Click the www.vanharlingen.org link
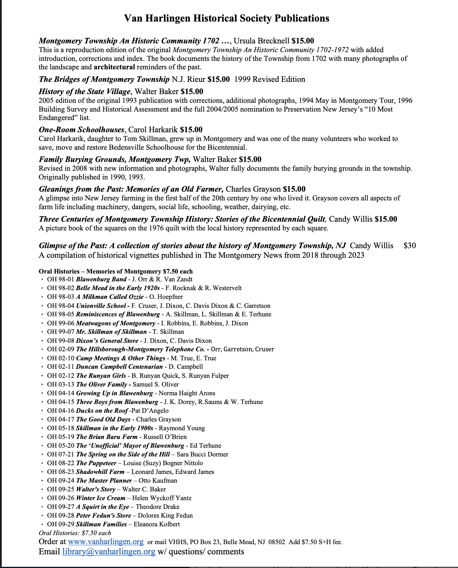point(106,541)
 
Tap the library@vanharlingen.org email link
point(109,551)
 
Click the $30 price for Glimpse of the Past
point(410,246)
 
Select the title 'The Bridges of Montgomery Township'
point(104,79)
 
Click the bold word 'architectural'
point(114,67)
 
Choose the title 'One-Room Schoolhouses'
point(82,130)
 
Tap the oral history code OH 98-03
point(61,297)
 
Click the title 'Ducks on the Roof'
point(102,410)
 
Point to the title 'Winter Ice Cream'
point(101,498)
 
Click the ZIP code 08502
point(276,542)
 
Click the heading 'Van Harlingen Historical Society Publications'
point(227,18)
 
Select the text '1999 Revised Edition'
point(270,79)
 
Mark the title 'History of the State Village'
point(85,91)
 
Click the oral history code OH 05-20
point(61,445)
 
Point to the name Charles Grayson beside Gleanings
point(253,189)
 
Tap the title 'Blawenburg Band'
point(101,279)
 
